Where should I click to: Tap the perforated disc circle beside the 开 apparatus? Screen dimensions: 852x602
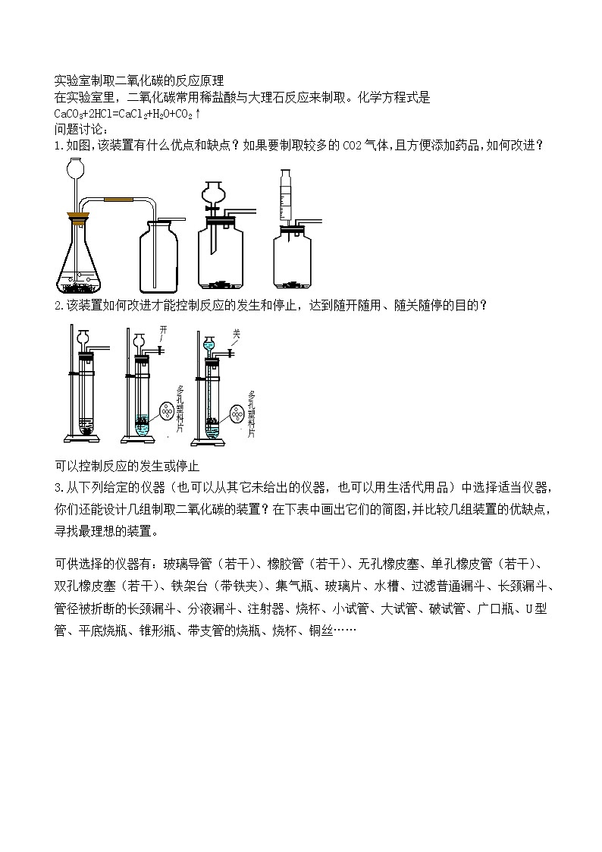pyautogui.click(x=168, y=413)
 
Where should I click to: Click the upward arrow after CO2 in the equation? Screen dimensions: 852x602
pyautogui.click(x=198, y=114)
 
